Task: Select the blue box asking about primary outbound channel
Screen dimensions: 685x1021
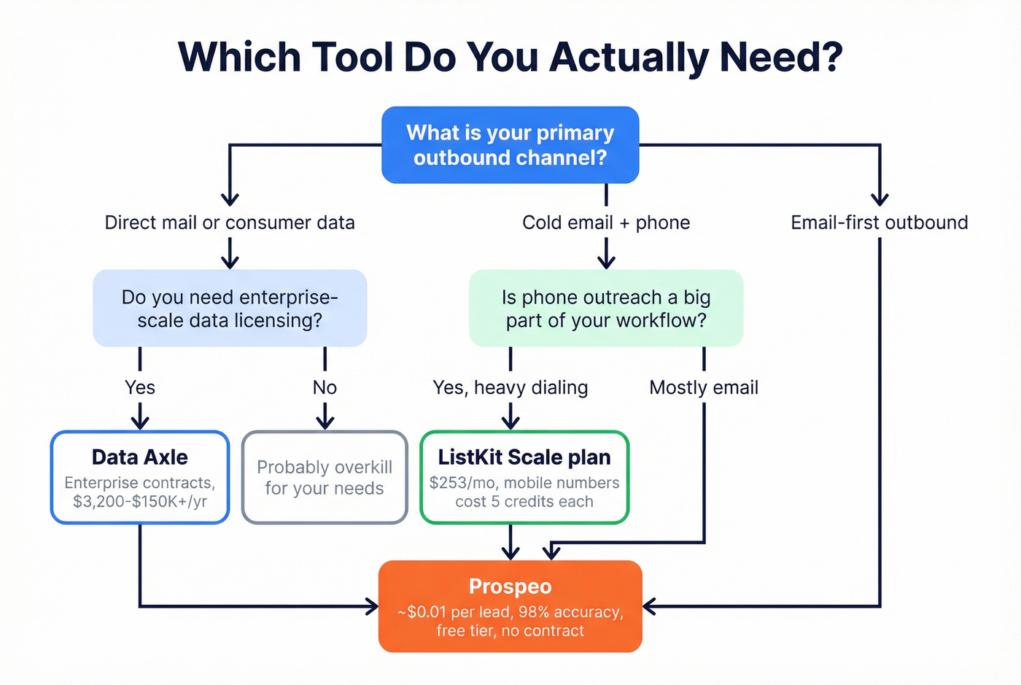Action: [x=510, y=145]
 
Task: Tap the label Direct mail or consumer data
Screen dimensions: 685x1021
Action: [x=230, y=222]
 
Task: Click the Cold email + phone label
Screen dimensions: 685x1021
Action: [x=605, y=222]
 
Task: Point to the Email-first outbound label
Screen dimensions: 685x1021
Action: [x=879, y=222]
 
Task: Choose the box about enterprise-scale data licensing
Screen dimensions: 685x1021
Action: [x=230, y=309]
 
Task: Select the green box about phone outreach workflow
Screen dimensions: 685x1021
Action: [x=605, y=309]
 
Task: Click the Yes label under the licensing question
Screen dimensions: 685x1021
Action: [x=140, y=387]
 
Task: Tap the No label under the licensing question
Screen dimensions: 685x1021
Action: [x=325, y=387]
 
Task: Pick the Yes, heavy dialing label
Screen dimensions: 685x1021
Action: [x=510, y=387]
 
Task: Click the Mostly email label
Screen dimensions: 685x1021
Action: [x=703, y=387]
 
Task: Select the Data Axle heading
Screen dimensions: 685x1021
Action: [x=140, y=457]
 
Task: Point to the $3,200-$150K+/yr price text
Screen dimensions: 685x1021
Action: [x=140, y=502]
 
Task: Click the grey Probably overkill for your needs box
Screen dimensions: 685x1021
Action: [x=325, y=478]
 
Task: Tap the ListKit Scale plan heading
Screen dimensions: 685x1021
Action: [x=524, y=457]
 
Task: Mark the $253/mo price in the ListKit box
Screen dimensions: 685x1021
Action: [x=451, y=483]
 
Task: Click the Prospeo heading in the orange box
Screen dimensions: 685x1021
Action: [x=510, y=587]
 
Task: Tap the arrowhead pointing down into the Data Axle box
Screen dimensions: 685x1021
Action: [x=140, y=422]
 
